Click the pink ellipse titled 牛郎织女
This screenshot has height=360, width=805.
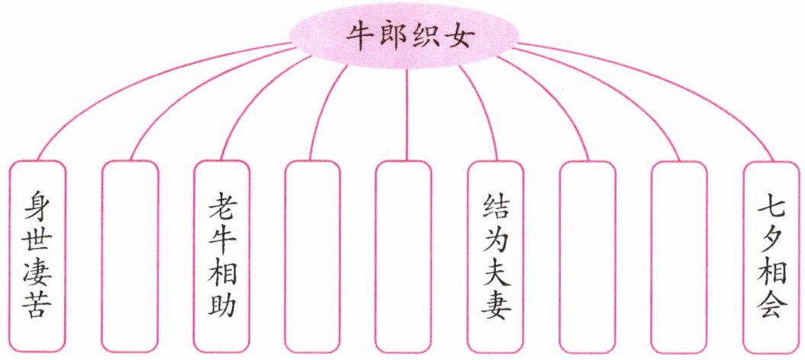pos(404,36)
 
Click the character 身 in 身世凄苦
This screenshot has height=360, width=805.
pos(37,206)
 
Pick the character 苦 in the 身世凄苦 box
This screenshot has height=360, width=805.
pos(37,305)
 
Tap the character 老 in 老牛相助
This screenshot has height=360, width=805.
pos(222,207)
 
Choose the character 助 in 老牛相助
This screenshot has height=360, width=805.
pos(222,304)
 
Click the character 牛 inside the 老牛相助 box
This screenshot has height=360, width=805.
pos(222,239)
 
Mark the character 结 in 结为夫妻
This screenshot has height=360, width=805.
pos(495,207)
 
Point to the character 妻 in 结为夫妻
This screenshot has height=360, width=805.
pos(495,305)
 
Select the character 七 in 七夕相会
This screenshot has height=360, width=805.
pos(771,207)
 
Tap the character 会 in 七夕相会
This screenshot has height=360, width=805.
pos(771,304)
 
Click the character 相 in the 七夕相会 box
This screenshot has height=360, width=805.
pos(771,272)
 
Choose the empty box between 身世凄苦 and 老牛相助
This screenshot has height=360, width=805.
pos(130,256)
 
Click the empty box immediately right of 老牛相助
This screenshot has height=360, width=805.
pos(313,256)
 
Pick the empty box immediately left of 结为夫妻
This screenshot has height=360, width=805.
pos(404,256)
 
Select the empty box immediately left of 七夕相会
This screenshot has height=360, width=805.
pos(679,256)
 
